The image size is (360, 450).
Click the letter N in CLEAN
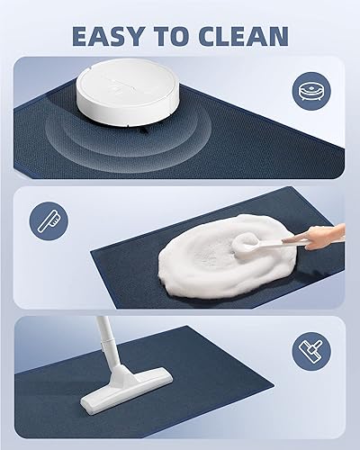tap(278, 36)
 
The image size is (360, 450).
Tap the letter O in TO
tap(185, 36)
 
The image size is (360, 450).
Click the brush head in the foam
tap(246, 245)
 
